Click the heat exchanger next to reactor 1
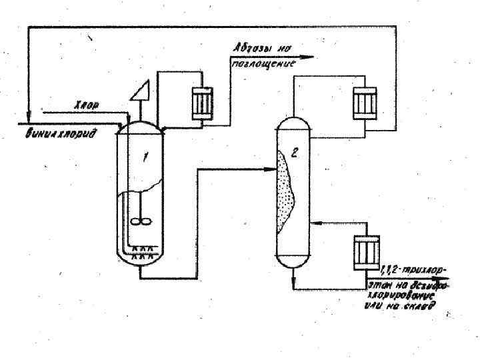201,102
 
